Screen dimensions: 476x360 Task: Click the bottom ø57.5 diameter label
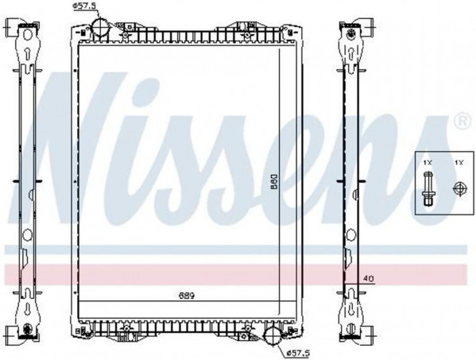click(x=298, y=353)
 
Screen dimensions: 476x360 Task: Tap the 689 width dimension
click(x=186, y=296)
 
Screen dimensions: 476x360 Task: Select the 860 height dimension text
click(x=274, y=181)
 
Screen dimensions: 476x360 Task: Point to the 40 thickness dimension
click(x=368, y=278)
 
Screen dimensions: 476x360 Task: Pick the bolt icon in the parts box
click(x=428, y=188)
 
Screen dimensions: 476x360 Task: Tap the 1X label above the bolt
click(x=428, y=163)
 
